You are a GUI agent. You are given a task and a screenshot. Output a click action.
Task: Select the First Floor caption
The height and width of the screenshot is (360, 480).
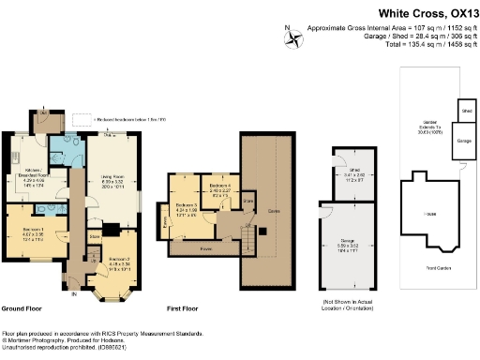click(x=187, y=308)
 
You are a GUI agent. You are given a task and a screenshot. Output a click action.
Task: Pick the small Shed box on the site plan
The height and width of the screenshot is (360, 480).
click(x=467, y=110)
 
